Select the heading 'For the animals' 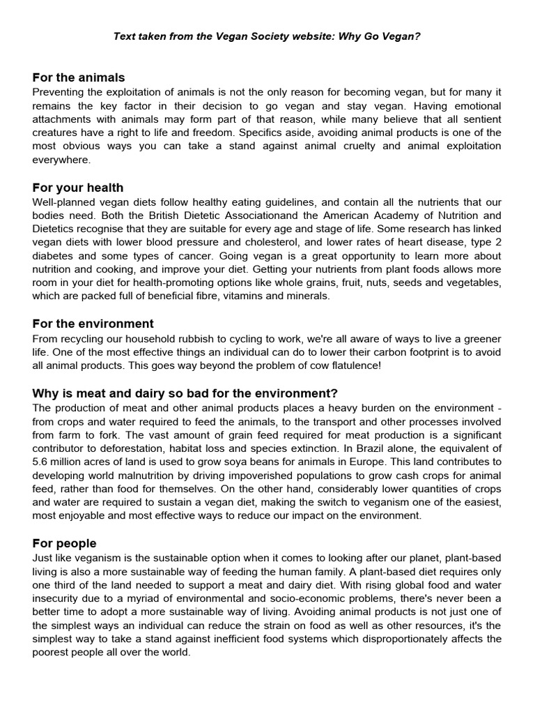[79, 77]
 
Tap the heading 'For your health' [78, 188]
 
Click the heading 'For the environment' [93, 324]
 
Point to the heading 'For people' [64, 543]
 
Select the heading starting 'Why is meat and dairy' [185, 393]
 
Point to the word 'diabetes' [53, 255]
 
